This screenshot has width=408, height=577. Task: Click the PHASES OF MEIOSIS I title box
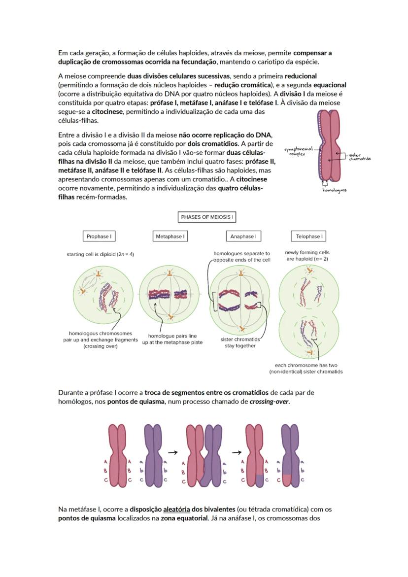(207, 217)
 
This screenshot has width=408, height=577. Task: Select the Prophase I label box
(99, 237)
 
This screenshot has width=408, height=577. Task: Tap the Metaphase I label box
(170, 237)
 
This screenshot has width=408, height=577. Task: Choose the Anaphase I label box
(243, 237)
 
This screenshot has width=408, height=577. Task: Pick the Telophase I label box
(309, 237)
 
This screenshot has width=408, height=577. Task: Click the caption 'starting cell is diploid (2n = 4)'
(101, 254)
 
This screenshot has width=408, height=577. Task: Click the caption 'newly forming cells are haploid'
(307, 255)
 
